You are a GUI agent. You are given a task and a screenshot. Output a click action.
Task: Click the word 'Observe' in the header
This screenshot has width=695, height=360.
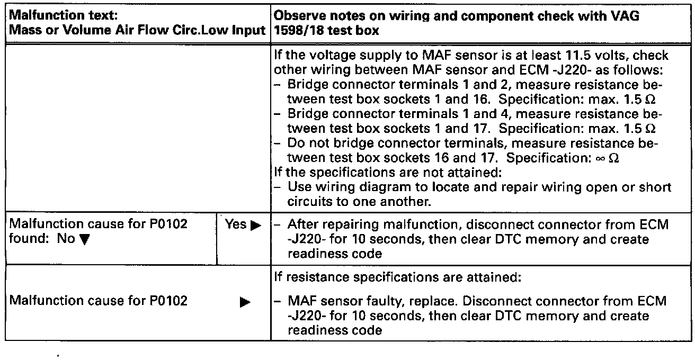coord(298,16)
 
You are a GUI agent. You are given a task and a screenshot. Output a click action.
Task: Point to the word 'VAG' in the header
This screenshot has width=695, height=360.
coord(624,16)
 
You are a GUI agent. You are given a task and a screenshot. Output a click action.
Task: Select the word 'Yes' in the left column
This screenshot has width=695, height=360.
coord(236,224)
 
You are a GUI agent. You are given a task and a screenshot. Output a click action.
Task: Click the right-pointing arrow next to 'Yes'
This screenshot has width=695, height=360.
coord(256,225)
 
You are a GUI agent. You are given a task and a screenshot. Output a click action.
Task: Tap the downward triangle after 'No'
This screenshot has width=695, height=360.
coord(83,240)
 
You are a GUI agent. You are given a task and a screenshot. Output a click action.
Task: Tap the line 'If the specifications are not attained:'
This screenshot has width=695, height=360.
coord(369,172)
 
